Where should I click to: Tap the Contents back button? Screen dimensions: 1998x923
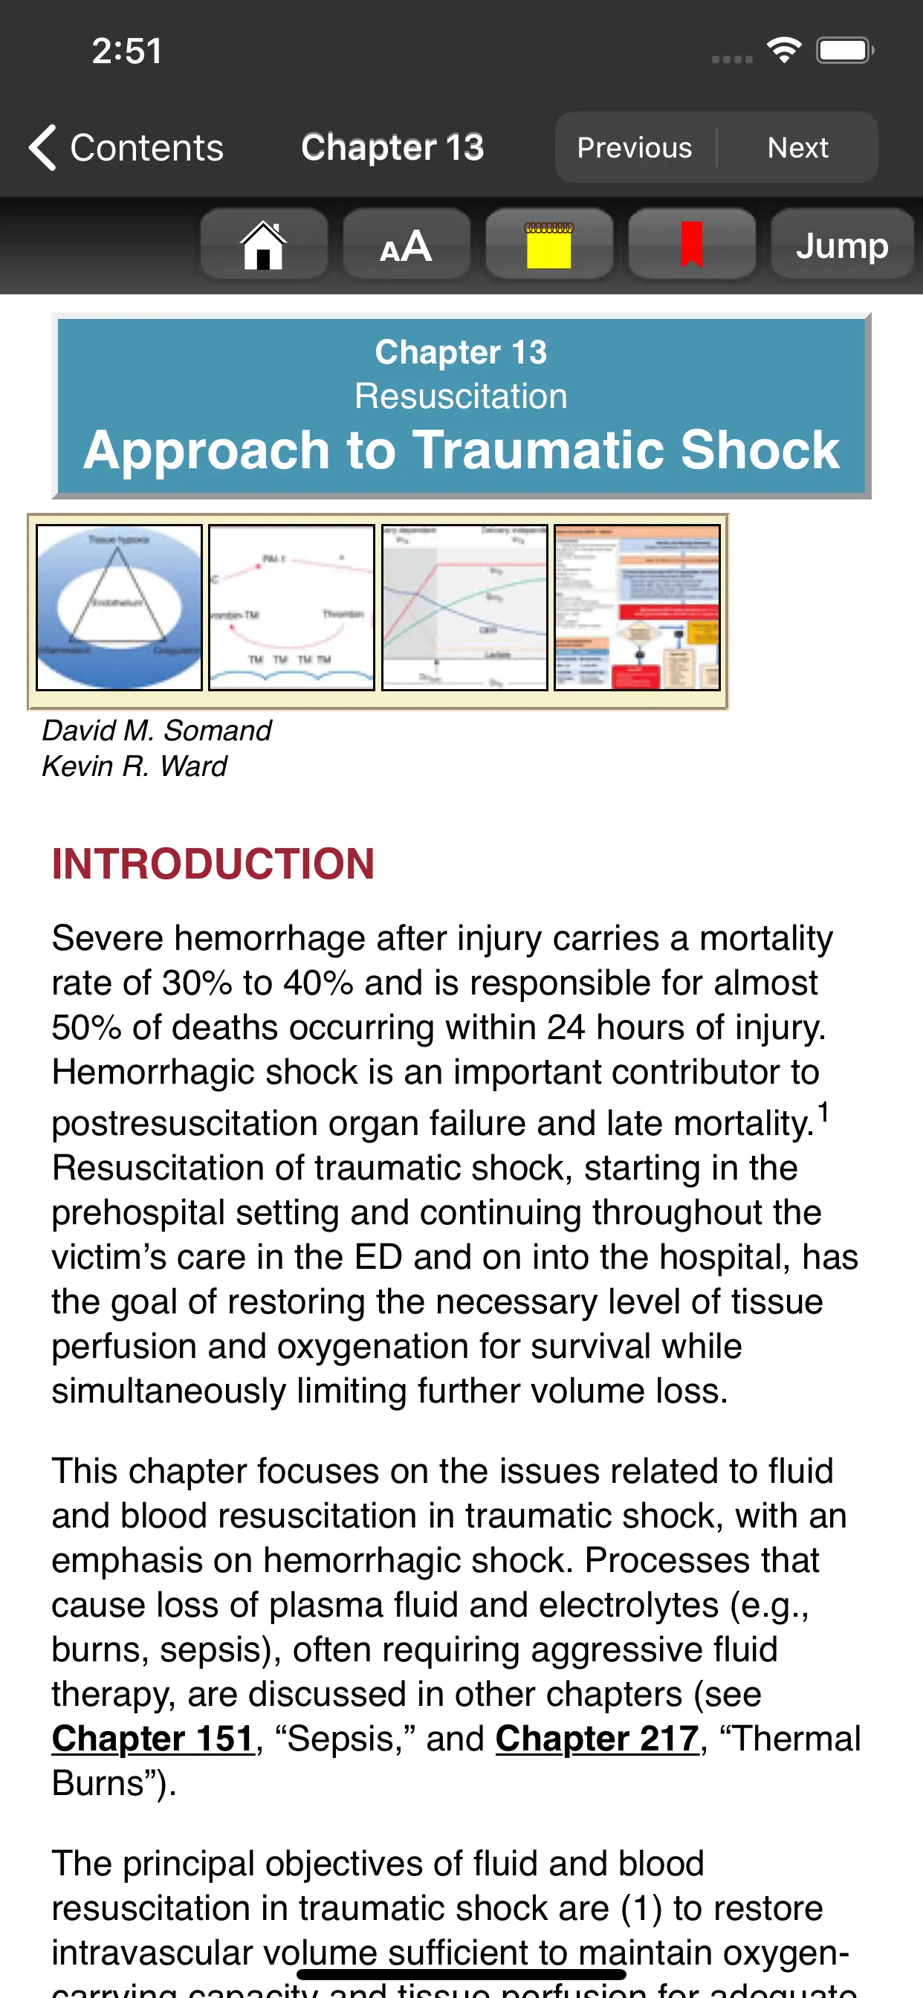[126, 147]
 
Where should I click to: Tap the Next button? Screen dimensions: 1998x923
[797, 147]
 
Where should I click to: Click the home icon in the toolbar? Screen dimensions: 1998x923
[264, 245]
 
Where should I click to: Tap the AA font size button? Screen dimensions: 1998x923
[407, 245]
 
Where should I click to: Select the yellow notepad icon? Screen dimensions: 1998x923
[549, 245]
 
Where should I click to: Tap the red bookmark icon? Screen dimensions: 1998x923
[691, 245]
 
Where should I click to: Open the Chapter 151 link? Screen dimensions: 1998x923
[153, 1738]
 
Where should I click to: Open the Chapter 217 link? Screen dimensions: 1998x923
[597, 1738]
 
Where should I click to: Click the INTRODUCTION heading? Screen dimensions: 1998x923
[213, 863]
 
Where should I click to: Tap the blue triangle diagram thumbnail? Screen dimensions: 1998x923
[120, 607]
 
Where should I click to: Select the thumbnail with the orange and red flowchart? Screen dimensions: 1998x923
[637, 607]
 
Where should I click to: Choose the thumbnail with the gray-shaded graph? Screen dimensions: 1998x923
[464, 607]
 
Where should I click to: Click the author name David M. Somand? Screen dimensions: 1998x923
[157, 730]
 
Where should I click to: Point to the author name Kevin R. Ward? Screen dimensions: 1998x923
[135, 766]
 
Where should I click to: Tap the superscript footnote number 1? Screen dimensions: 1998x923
[823, 1111]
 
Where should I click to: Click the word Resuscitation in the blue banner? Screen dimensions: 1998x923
[461, 396]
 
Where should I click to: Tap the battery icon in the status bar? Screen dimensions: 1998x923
[844, 51]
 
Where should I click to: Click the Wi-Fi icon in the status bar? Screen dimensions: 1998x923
[784, 51]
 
